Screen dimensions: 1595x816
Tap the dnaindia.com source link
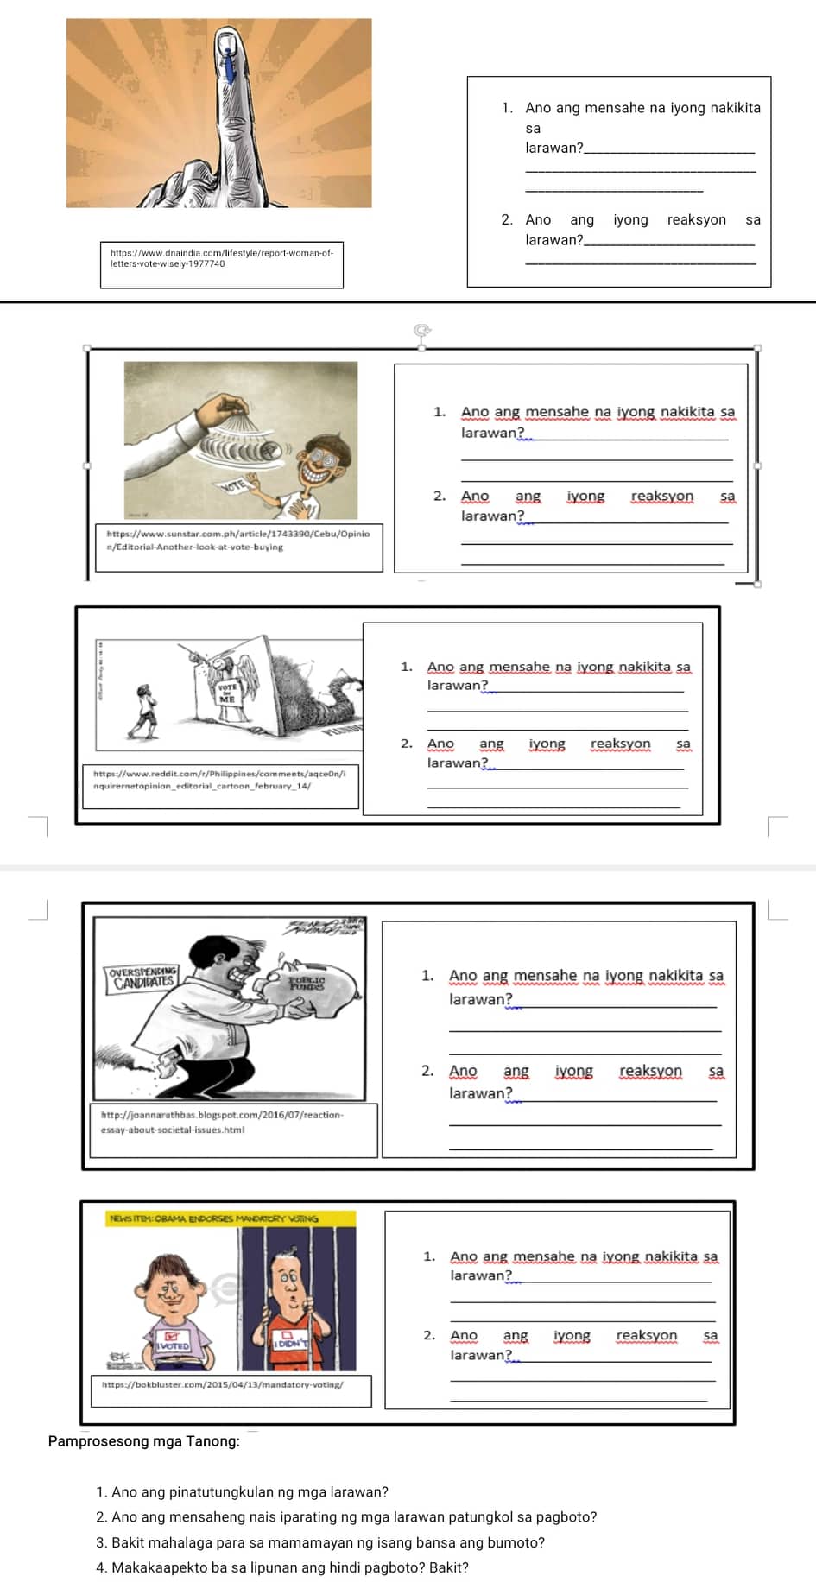pos(221,258)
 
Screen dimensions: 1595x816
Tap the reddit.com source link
pos(219,780)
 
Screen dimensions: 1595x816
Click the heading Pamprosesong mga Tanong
pos(144,1441)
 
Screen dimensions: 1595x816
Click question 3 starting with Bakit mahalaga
pos(320,1542)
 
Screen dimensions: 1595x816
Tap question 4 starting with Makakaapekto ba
pos(282,1567)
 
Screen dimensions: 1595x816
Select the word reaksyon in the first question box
pos(696,219)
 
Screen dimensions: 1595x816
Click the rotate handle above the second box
pos(421,330)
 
